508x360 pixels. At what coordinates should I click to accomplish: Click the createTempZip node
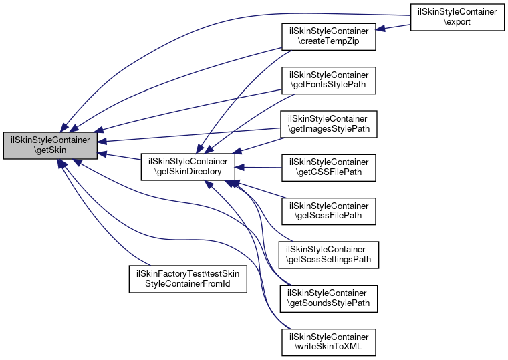tap(328, 35)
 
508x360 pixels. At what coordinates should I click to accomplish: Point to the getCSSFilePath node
tap(328, 168)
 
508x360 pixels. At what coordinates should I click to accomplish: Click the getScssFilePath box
tap(328, 210)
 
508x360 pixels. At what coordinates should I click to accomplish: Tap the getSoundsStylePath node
tap(328, 298)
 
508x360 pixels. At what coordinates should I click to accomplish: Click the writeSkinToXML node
tap(328, 342)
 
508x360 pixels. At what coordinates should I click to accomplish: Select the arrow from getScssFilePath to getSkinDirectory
tap(261, 190)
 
